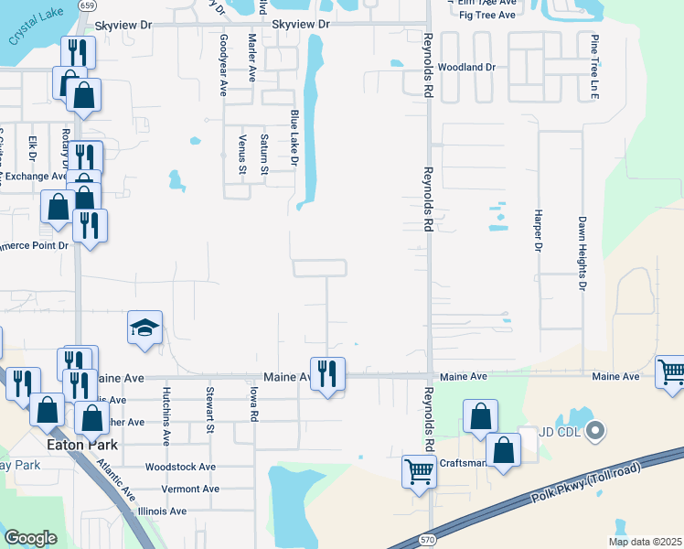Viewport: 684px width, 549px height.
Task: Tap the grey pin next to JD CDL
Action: (x=595, y=429)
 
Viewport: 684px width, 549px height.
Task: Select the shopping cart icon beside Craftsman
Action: (x=419, y=473)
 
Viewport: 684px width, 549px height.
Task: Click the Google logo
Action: (x=30, y=538)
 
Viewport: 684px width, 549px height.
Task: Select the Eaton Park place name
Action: (x=80, y=445)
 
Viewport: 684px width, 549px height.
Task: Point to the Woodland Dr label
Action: (x=465, y=68)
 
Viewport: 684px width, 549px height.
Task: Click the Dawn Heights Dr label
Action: (x=582, y=253)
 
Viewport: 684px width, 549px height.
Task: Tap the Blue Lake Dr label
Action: (x=294, y=138)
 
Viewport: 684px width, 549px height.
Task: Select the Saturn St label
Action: (x=264, y=154)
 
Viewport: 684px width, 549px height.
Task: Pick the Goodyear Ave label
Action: (x=223, y=65)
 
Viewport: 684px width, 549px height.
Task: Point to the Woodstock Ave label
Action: (x=180, y=467)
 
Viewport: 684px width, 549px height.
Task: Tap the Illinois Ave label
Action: (x=161, y=511)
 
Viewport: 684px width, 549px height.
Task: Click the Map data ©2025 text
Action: (x=644, y=542)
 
